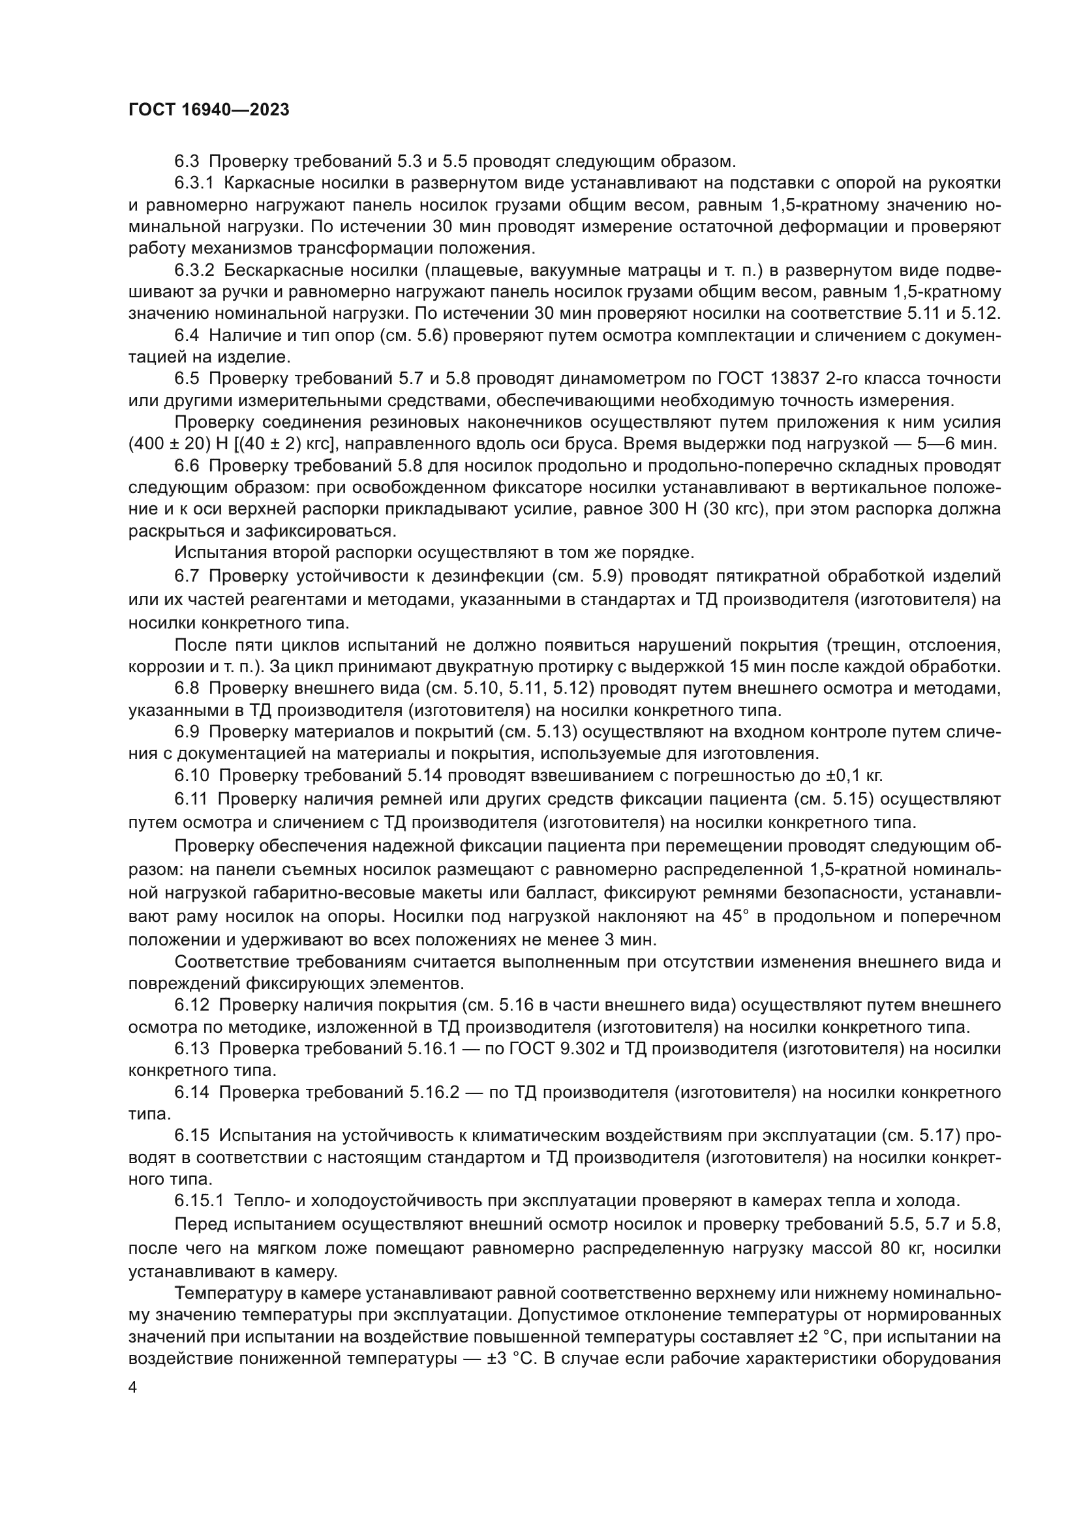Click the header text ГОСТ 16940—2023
(x=209, y=110)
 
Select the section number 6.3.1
(x=194, y=183)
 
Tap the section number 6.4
(x=187, y=335)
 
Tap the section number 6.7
(x=187, y=575)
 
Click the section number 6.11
(x=190, y=799)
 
